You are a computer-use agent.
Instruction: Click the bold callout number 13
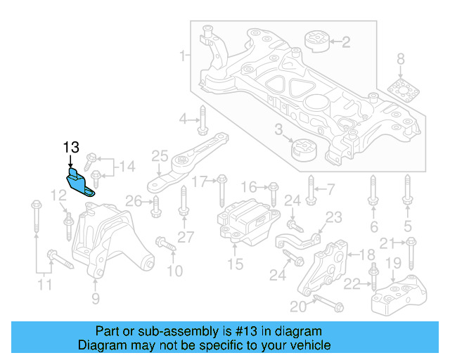point(71,148)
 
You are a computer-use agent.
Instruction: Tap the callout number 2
point(345,43)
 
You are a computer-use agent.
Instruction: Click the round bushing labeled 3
point(305,150)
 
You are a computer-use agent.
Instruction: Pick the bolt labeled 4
point(202,120)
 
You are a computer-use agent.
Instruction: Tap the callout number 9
point(96,299)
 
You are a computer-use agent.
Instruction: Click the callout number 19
point(394,263)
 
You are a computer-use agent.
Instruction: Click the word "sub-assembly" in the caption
point(200,331)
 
